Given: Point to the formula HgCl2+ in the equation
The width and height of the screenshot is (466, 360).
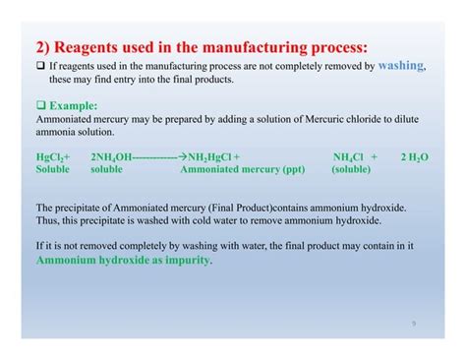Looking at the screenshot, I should coord(52,155).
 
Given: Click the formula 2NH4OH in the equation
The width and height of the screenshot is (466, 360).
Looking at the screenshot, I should coord(110,155).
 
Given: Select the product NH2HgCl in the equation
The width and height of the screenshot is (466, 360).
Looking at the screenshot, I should coord(212,155).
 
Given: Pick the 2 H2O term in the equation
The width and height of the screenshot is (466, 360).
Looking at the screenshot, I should coord(414,155).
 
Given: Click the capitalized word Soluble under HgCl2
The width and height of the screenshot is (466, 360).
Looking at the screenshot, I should coord(52,168).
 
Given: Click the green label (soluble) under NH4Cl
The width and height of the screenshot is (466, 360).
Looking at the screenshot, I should coord(351,168).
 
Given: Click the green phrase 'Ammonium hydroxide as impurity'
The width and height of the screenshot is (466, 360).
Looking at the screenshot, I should coord(123,262).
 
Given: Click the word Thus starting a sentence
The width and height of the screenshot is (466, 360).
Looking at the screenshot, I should coord(46,221).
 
